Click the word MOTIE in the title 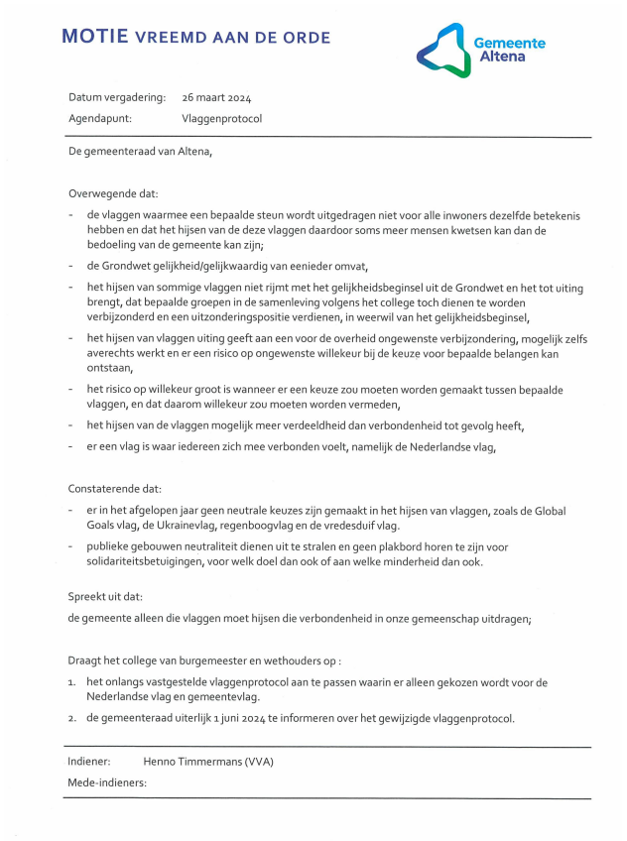click(x=95, y=38)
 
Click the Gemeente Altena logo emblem click(x=440, y=51)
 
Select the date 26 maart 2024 click(x=216, y=97)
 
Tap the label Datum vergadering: click(x=117, y=97)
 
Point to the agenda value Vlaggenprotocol click(x=222, y=118)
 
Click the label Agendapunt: click(x=100, y=118)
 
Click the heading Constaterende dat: click(x=115, y=489)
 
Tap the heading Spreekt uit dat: click(x=105, y=597)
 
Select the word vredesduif click(x=344, y=525)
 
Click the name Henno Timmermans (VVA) click(x=207, y=762)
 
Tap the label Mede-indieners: click(x=107, y=782)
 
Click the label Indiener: click(x=90, y=762)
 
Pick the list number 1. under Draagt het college click(x=72, y=682)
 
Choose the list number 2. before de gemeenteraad click(x=72, y=719)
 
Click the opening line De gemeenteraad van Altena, click(x=140, y=152)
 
